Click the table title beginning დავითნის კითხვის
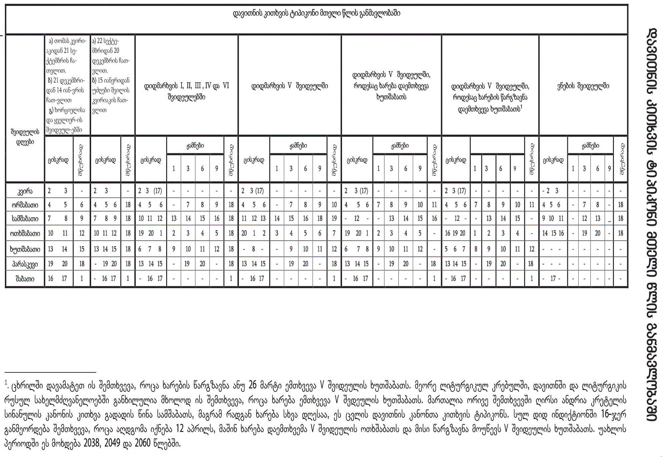pyautogui.click(x=316, y=14)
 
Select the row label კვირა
pyautogui.click(x=25, y=191)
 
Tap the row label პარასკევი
pyautogui.click(x=25, y=264)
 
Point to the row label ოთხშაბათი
pyautogui.click(x=25, y=234)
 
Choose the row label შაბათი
pyautogui.click(x=25, y=279)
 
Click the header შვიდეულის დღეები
pyautogui.click(x=25, y=137)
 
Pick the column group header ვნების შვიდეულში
pyautogui.click(x=583, y=86)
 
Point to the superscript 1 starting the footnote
pyautogui.click(x=6, y=384)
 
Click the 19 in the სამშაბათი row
pyautogui.click(x=334, y=219)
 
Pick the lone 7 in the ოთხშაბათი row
pyautogui.click(x=334, y=234)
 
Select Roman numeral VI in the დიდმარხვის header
pyautogui.click(x=226, y=86)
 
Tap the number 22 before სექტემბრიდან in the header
pyautogui.click(x=100, y=41)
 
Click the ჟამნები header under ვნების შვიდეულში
pyautogui.click(x=590, y=146)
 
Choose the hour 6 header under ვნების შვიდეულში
pyautogui.click(x=598, y=169)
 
